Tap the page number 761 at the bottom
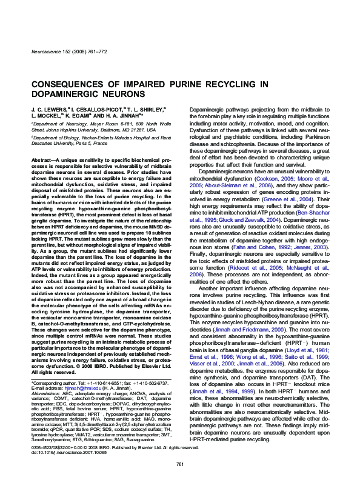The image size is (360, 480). (x=179, y=464)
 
